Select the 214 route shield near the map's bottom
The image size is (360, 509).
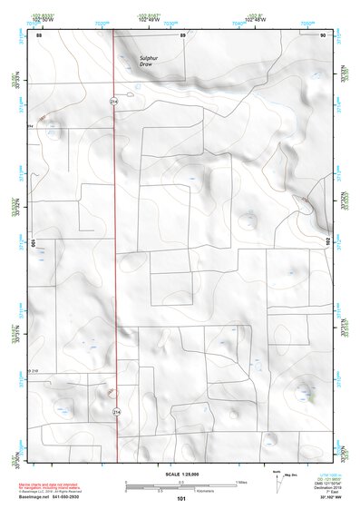116,412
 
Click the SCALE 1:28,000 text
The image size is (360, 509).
181,474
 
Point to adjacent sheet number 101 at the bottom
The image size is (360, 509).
182,500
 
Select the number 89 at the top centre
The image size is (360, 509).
182,34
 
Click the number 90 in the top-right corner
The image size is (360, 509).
324,34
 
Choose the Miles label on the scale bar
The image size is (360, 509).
241,481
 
